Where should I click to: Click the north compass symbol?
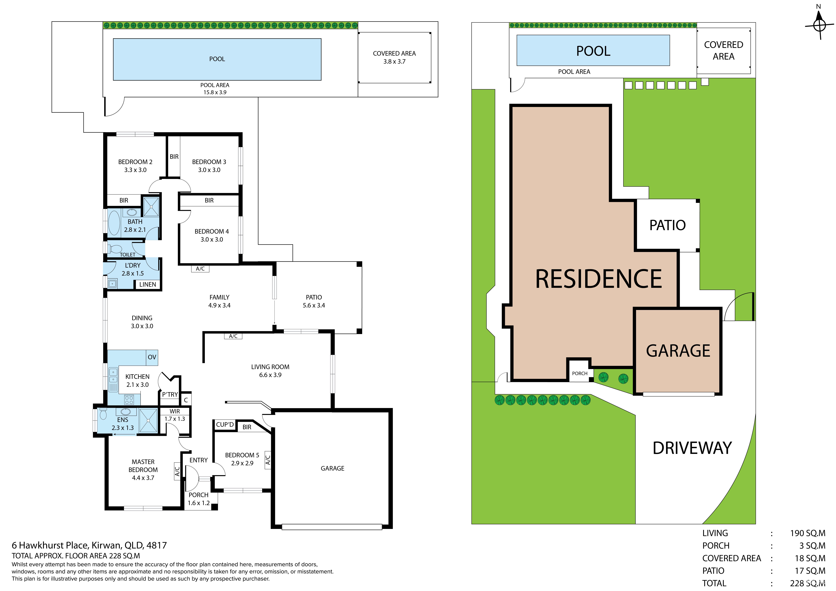coord(819,25)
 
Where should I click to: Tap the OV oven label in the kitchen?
coord(152,357)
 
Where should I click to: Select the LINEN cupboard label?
coord(148,284)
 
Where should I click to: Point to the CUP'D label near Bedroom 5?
coord(225,425)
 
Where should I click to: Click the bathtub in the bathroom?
coord(114,222)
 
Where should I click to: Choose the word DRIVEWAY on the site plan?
coord(692,448)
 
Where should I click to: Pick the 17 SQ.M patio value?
coord(810,571)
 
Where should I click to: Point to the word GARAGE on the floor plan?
coord(332,468)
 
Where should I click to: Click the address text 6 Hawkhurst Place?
coord(50,545)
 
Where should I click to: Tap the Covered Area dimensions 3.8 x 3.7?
coord(394,62)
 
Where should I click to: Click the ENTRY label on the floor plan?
coord(198,460)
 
